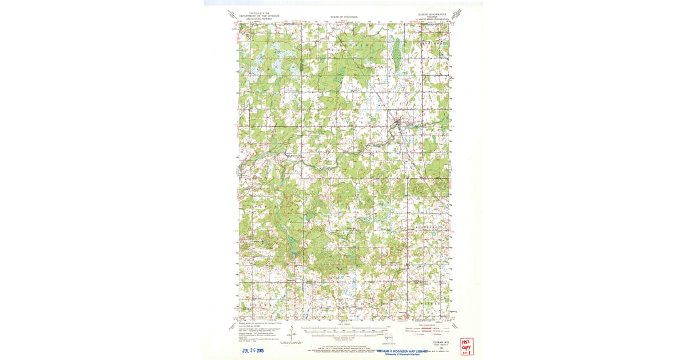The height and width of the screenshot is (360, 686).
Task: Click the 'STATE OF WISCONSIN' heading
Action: [x=343, y=18]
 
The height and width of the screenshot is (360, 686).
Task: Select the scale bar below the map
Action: [x=343, y=330]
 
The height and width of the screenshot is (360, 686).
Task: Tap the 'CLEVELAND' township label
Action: [x=432, y=43]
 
